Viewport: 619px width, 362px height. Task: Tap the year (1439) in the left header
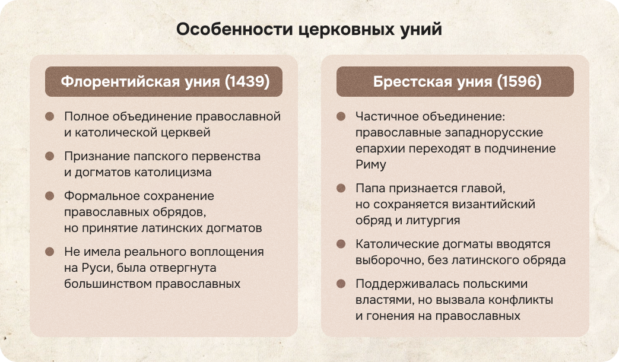click(x=247, y=82)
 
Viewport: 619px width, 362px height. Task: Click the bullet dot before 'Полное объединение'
click(x=50, y=116)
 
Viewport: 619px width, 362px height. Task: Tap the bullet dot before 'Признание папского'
click(x=50, y=156)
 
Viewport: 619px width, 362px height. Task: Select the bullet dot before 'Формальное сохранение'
click(x=50, y=196)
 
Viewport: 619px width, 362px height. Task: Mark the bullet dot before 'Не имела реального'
click(x=50, y=252)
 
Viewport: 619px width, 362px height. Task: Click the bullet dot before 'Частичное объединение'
click(x=341, y=116)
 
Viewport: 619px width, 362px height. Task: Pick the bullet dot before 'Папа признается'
click(x=341, y=188)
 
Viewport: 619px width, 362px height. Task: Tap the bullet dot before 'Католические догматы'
click(x=341, y=244)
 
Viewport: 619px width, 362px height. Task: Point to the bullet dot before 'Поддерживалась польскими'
click(x=341, y=284)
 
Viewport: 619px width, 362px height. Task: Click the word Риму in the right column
click(x=370, y=164)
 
